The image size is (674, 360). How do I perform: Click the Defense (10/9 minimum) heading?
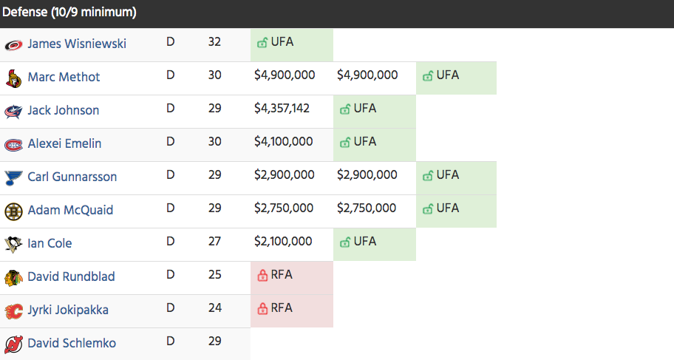(x=69, y=13)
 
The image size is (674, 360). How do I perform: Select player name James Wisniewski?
(x=77, y=44)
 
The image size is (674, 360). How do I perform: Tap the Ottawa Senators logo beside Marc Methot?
(x=13, y=78)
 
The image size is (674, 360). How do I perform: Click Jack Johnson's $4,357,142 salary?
(x=282, y=109)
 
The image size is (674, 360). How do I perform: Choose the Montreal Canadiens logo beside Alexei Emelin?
(x=13, y=144)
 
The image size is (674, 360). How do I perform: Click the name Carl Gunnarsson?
(x=72, y=177)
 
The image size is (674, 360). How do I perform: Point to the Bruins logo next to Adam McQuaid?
(x=13, y=211)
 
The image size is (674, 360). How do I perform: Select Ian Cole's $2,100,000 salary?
(x=284, y=242)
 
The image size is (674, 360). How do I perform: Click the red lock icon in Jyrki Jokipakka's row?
(x=262, y=309)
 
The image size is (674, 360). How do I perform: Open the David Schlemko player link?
(x=72, y=343)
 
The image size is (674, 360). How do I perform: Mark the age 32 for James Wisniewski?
(x=214, y=42)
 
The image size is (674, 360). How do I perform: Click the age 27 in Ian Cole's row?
(x=214, y=242)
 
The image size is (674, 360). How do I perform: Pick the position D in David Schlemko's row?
(x=171, y=342)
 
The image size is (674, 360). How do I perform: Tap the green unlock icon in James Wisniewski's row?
(x=262, y=43)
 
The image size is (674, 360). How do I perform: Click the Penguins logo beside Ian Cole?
(x=13, y=244)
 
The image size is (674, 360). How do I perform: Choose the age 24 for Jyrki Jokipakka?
(x=214, y=308)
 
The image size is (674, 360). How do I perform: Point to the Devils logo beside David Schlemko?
(x=13, y=344)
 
